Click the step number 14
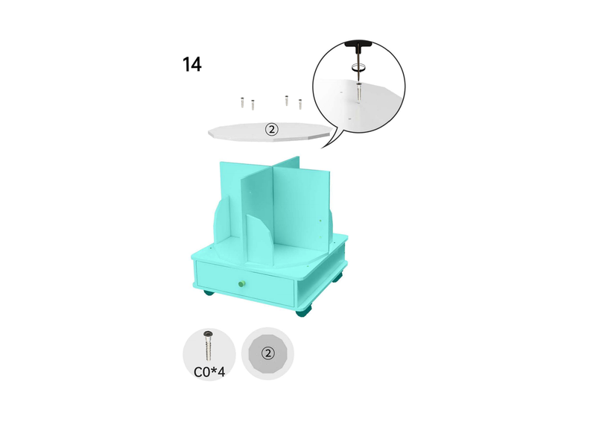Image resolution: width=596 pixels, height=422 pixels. tap(192, 64)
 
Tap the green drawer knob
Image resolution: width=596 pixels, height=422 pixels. tap(241, 283)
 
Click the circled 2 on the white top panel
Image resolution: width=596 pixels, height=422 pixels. tap(271, 130)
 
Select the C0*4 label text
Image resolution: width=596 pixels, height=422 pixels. tap(209, 371)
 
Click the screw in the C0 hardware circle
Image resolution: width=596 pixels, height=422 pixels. tap(209, 345)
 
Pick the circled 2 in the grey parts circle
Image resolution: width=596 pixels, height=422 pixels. tap(268, 353)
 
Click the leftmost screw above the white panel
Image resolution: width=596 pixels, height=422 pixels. tap(242, 103)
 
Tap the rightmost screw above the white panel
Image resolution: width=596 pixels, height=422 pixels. tap(300, 104)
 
